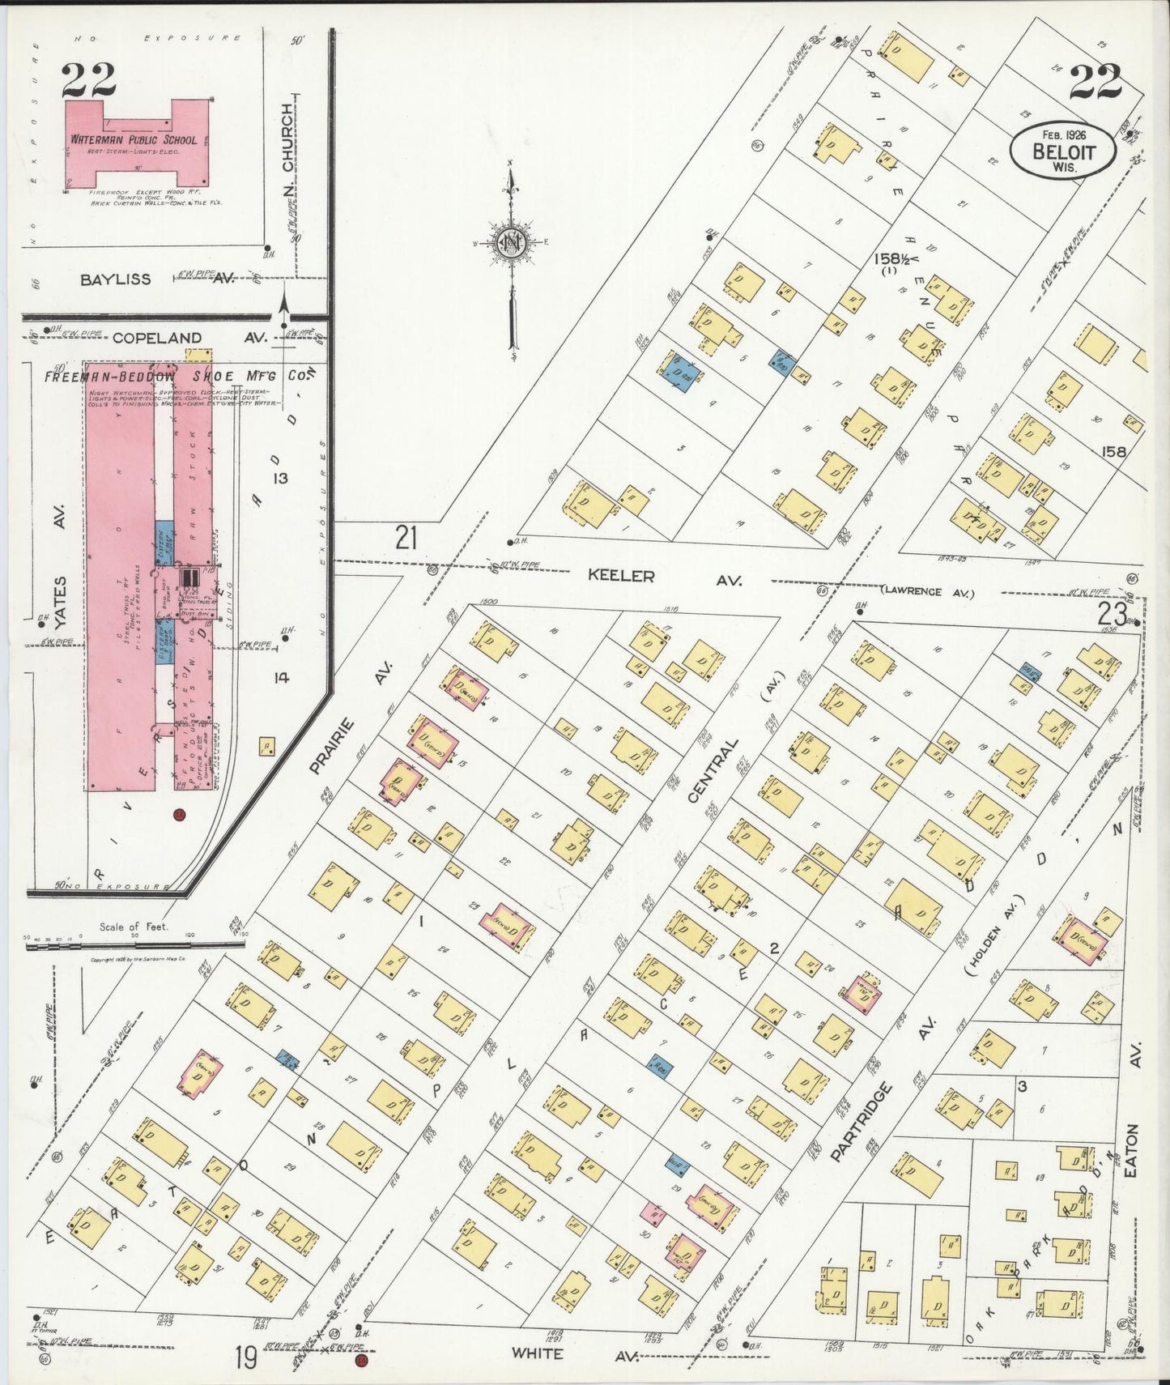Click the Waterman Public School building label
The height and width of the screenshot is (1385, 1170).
133,140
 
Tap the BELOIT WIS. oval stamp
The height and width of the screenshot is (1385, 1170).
1062,151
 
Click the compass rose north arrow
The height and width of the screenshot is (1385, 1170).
511,242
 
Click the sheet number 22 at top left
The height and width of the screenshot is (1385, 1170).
88,79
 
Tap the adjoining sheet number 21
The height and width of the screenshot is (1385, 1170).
406,536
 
